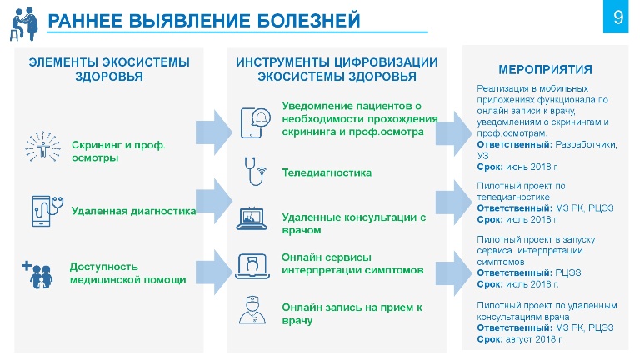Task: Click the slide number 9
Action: [618, 17]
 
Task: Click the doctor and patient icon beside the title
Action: [24, 23]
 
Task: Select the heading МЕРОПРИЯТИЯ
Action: [545, 70]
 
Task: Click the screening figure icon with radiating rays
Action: [42, 147]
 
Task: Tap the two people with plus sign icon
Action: [37, 275]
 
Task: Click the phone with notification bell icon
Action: [255, 122]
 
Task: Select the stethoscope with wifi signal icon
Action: [255, 172]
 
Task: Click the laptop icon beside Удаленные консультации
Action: [252, 218]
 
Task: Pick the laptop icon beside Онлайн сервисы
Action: [252, 266]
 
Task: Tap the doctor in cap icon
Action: [252, 310]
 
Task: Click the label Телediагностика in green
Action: [327, 172]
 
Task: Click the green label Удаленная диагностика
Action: [133, 211]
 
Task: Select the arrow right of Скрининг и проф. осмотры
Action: [214, 132]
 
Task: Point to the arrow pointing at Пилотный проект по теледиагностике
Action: [453, 202]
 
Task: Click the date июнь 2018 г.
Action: [532, 167]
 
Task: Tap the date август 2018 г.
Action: [534, 339]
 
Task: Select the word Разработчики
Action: [586, 145]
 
